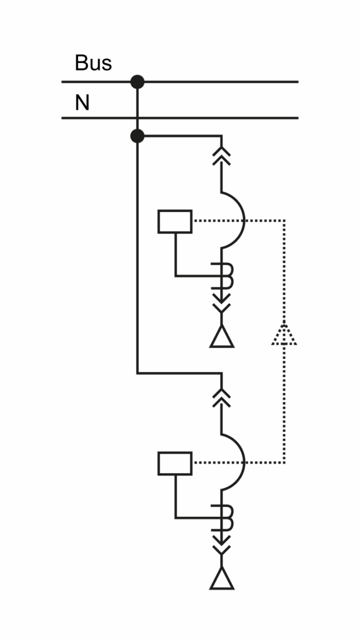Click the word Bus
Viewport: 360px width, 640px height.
pyautogui.click(x=93, y=63)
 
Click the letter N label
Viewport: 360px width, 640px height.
pyautogui.click(x=82, y=102)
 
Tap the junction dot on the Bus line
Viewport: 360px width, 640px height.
pyautogui.click(x=137, y=82)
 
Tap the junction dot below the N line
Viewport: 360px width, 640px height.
pyautogui.click(x=137, y=136)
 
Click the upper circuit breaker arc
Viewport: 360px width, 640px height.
pyautogui.click(x=244, y=221)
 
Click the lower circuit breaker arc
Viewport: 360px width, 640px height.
pyautogui.click(x=244, y=462)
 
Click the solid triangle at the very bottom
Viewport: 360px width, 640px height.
pyautogui.click(x=222, y=578)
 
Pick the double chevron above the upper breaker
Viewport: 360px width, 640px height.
pyautogui.click(x=222, y=156)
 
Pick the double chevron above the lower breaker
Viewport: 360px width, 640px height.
pyautogui.click(x=222, y=397)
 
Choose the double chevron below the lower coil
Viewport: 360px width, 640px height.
pyautogui.click(x=222, y=545)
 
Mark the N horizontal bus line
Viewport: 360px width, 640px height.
pyautogui.click(x=180, y=118)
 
